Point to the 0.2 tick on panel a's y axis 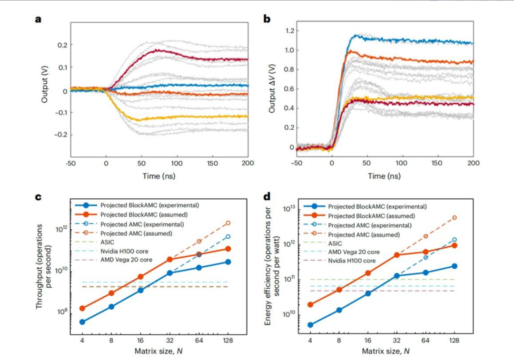coord(61,45)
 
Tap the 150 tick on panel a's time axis coord(212,163)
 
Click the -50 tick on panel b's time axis coord(296,163)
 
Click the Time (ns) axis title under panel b coord(385,176)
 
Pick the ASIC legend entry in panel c coord(107,242)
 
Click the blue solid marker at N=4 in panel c coord(82,322)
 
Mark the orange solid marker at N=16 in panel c coord(141,276)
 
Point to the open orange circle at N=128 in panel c coord(228,223)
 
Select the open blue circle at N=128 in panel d coord(454,240)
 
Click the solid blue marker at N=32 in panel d coord(396,276)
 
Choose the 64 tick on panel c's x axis coord(199,341)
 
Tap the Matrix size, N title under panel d coord(385,351)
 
